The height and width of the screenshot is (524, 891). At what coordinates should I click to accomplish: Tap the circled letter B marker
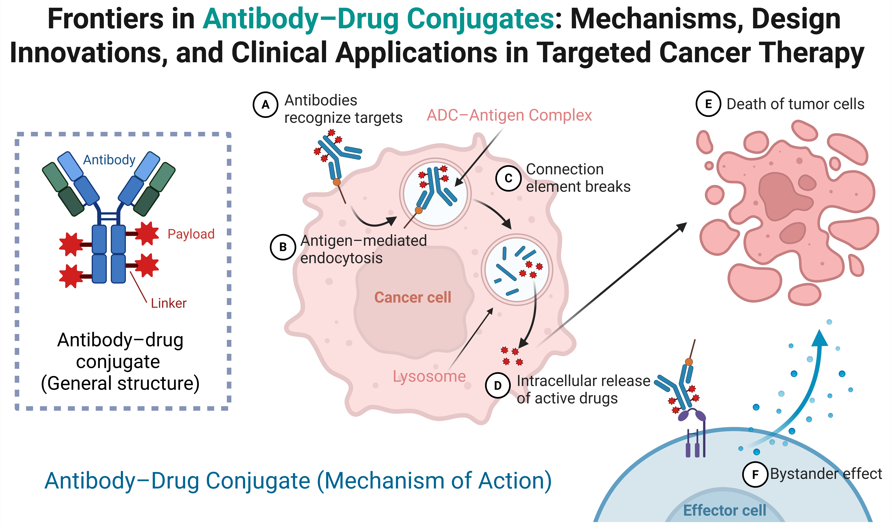tap(283, 247)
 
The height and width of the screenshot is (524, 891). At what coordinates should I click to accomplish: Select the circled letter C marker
tap(508, 178)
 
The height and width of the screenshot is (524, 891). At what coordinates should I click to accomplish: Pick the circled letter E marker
tap(708, 104)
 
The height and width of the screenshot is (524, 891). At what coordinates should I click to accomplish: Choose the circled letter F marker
tap(755, 474)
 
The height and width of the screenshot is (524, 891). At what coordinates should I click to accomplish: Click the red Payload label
tap(191, 234)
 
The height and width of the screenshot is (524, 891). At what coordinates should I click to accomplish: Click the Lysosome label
tap(429, 376)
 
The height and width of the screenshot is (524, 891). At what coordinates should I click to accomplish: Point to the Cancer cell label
tap(413, 297)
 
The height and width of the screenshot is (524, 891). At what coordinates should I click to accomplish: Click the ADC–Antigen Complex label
tap(509, 115)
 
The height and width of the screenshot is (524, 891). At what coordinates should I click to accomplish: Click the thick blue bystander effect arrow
tap(810, 389)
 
